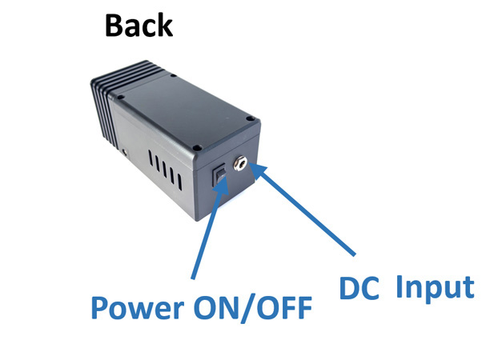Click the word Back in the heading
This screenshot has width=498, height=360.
pyautogui.click(x=139, y=26)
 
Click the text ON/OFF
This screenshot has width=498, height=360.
pyautogui.click(x=253, y=307)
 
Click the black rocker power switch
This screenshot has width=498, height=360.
pyautogui.click(x=219, y=175)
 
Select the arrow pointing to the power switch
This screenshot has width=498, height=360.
pyautogui.click(x=207, y=232)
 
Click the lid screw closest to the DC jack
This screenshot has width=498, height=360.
pyautogui.click(x=251, y=121)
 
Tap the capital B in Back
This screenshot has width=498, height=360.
pyautogui.click(x=114, y=26)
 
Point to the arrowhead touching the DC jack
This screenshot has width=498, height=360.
pyautogui.click(x=255, y=170)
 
